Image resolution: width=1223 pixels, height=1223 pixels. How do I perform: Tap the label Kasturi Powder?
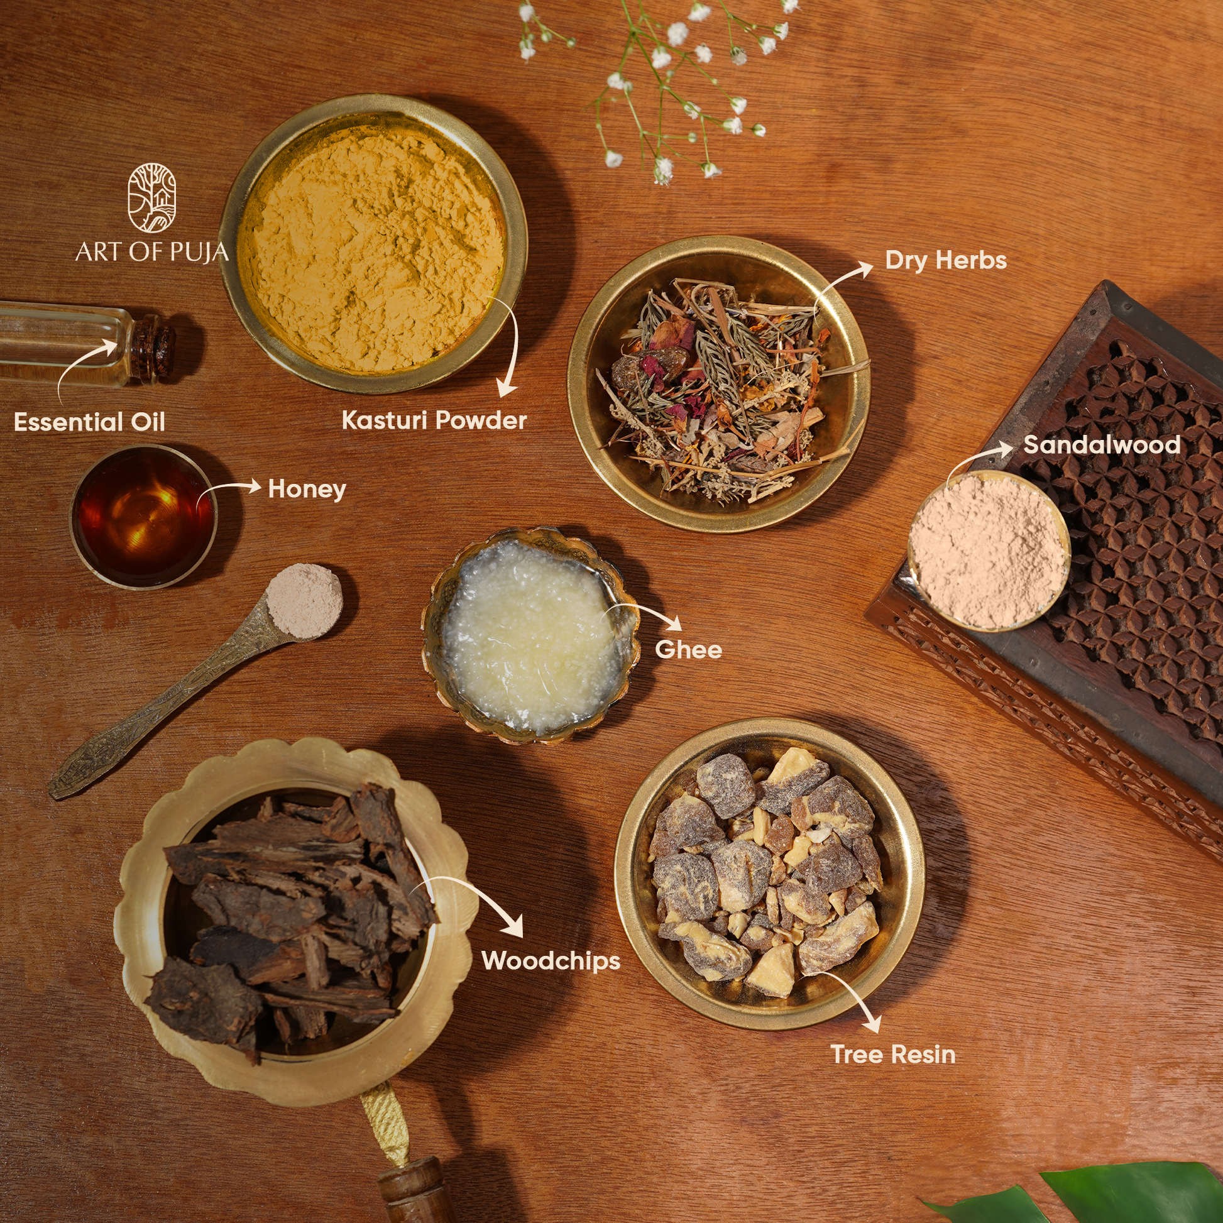point(434,420)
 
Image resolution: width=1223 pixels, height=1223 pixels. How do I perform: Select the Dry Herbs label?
point(946,261)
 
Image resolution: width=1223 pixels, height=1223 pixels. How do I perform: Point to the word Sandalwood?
point(1102,444)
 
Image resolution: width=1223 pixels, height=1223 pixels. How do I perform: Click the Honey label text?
point(307,490)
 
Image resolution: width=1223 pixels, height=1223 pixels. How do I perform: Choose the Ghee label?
point(689,649)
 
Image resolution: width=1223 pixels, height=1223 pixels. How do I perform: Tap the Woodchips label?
point(551,961)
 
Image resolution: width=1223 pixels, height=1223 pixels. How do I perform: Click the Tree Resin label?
point(892,1055)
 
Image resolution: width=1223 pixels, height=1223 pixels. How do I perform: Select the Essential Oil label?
point(89,422)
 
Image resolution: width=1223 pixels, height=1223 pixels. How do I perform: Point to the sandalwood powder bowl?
point(989,551)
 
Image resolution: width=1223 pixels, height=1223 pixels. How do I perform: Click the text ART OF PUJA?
point(152,251)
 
